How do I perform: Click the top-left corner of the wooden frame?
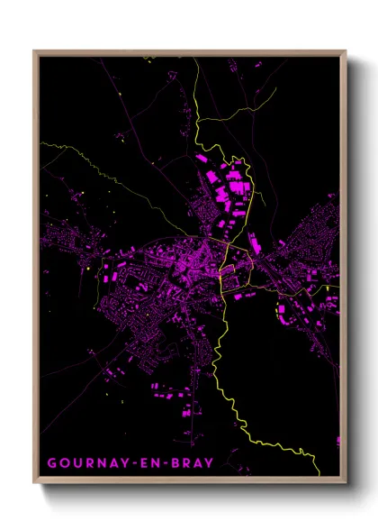[34, 51]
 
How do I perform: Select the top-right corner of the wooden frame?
[346, 51]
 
